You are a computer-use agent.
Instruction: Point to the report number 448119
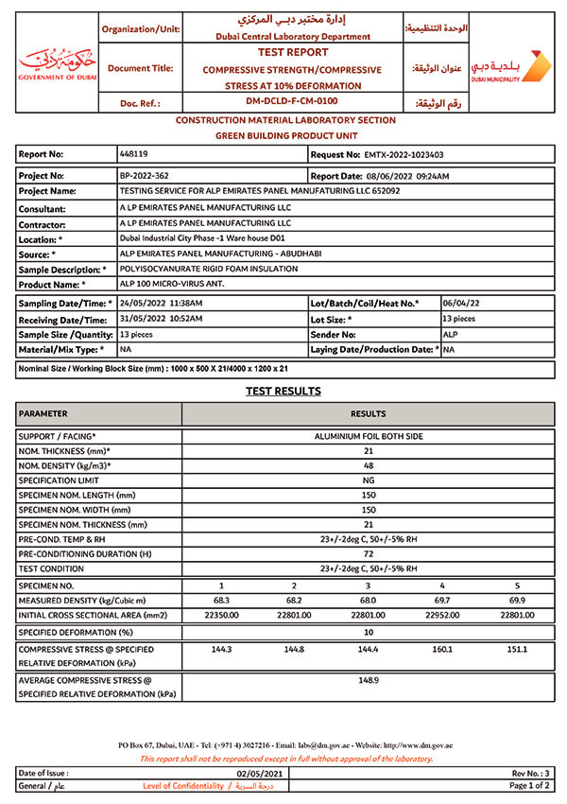point(133,153)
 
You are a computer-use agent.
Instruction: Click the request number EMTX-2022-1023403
point(404,153)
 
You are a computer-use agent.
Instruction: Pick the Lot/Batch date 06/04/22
point(461,303)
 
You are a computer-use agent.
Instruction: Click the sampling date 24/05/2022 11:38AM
point(161,303)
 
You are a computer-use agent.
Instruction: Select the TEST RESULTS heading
point(283,391)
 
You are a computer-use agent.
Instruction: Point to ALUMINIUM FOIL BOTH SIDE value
point(369,436)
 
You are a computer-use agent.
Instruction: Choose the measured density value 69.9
point(518,601)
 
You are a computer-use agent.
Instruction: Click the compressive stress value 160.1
point(442,650)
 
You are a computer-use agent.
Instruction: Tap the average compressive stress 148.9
point(369,680)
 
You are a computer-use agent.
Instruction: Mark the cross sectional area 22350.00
point(221,616)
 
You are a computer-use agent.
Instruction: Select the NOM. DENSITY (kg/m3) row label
point(65,466)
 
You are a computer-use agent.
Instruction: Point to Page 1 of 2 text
point(530,786)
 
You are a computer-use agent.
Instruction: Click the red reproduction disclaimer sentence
point(285,759)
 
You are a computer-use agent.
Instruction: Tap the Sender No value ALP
point(450,334)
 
